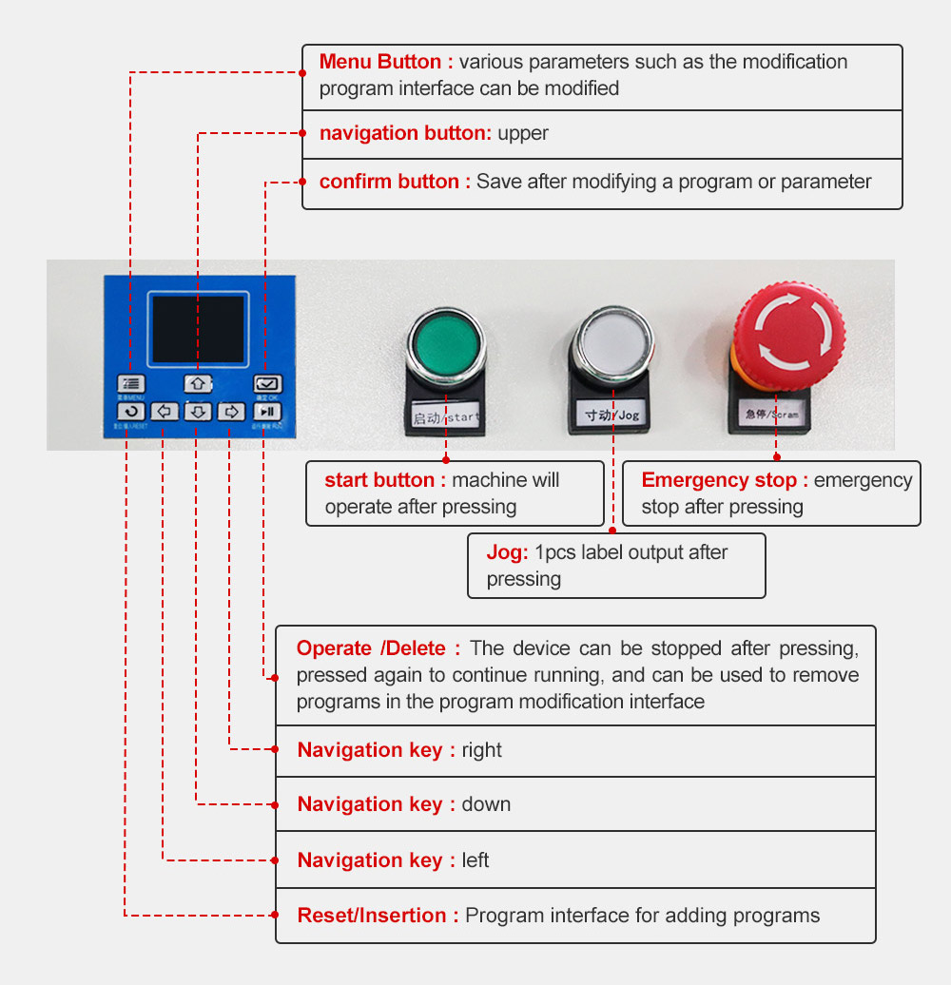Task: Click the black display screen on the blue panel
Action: (x=198, y=328)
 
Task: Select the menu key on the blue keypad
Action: (x=131, y=383)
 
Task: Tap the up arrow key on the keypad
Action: (x=197, y=383)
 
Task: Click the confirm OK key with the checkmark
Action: (x=267, y=383)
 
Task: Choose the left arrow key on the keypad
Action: (x=164, y=412)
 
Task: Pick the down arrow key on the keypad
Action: (x=197, y=412)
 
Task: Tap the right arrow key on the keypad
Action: (x=231, y=412)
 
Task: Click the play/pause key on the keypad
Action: (x=267, y=412)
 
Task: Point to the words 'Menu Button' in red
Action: (x=380, y=63)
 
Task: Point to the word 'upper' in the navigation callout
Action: (x=523, y=133)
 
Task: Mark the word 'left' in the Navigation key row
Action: (x=475, y=860)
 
